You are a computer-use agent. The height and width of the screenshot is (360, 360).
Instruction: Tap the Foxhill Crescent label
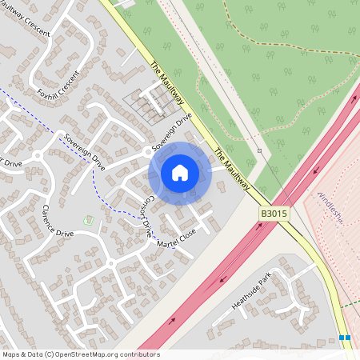58,84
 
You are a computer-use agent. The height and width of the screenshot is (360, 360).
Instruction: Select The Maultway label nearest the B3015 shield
232,169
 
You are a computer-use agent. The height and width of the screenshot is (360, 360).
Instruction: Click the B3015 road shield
273,214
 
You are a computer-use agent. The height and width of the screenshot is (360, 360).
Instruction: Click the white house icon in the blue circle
180,173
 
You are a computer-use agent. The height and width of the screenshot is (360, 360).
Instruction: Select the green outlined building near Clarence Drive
88,220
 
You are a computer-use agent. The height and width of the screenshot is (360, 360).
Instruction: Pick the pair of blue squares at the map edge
345,338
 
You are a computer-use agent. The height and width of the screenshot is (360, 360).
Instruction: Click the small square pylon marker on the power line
260,150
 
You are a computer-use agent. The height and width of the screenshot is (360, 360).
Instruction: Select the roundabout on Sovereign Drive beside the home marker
146,151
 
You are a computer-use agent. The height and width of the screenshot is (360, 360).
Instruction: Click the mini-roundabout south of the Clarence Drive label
110,262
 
